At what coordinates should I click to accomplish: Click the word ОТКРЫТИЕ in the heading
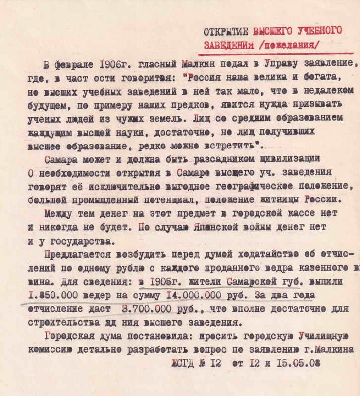coord(226,31)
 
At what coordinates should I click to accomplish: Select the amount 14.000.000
coord(192,296)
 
